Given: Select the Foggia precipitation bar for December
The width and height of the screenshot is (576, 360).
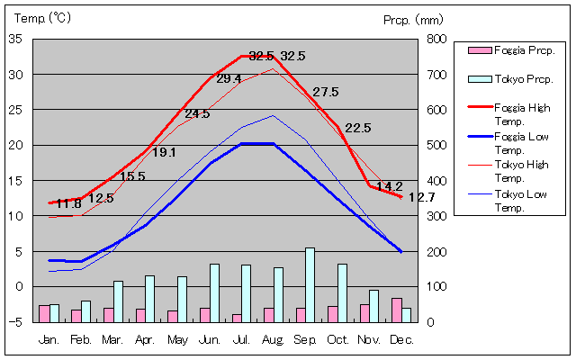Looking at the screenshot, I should pyautogui.click(x=396, y=310).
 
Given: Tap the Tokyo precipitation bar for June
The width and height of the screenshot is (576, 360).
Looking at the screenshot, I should pyautogui.click(x=214, y=292).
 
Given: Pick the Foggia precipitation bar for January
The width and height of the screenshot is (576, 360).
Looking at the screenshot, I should pyautogui.click(x=44, y=313).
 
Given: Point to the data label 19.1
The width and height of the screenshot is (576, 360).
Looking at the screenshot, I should pyautogui.click(x=164, y=152).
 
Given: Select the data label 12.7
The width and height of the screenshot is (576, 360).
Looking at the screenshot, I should pyautogui.click(x=421, y=197).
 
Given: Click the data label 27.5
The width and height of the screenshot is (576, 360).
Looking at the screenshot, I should pyautogui.click(x=326, y=92).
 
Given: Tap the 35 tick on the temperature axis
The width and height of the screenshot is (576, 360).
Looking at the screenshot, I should pyautogui.click(x=15, y=39).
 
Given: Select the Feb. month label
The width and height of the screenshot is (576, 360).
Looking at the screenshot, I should pyautogui.click(x=81, y=339).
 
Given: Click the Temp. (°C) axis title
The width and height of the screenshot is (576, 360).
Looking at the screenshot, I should pyautogui.click(x=41, y=17).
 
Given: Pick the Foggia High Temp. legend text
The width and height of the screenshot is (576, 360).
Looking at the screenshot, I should pyautogui.click(x=524, y=113).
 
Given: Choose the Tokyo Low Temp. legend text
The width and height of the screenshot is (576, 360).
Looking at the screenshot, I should pyautogui.click(x=523, y=202).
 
